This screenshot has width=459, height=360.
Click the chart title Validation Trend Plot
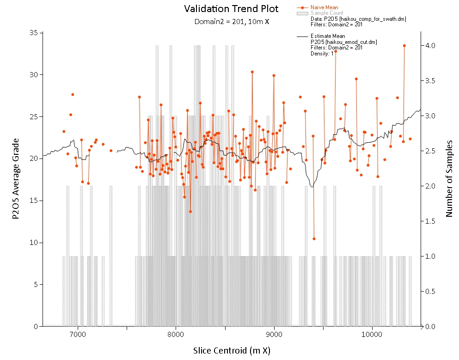232,9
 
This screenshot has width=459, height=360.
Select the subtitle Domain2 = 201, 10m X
232,22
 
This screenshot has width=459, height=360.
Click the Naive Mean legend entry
324,7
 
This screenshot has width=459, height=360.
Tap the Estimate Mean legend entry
328,36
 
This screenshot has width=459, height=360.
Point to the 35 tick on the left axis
34,33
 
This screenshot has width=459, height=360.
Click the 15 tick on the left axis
34,201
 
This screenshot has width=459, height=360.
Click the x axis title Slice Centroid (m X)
232,351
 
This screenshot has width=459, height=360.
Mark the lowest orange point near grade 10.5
314,239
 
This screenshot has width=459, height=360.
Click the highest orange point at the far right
404,46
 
